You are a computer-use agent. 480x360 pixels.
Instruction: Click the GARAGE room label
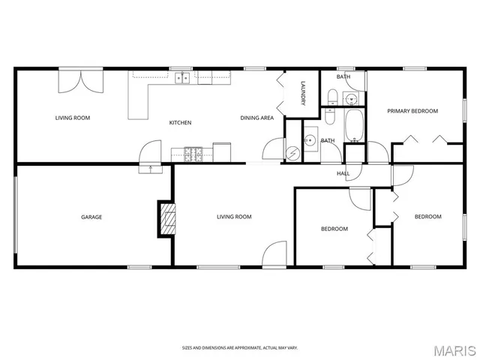point(91,217)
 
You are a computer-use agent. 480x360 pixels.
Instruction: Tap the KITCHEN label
point(180,122)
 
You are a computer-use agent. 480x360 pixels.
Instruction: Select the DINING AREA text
point(256,118)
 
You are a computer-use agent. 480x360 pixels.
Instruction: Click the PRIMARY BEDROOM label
point(412,111)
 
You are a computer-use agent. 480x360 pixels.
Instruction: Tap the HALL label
point(343,174)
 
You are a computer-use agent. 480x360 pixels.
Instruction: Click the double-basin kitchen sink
point(181,76)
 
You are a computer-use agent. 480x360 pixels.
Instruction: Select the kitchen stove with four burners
point(192,154)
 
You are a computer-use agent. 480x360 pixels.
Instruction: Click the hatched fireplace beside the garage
point(166,219)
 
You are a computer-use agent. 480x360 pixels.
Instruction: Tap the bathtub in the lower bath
point(353,126)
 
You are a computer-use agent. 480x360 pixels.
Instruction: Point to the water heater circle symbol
point(293,151)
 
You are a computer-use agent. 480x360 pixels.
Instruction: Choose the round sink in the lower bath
point(310,140)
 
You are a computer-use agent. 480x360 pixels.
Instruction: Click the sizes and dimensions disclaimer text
point(240,347)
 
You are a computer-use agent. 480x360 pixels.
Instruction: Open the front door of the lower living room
point(275,253)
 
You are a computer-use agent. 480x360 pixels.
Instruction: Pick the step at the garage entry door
point(150,169)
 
